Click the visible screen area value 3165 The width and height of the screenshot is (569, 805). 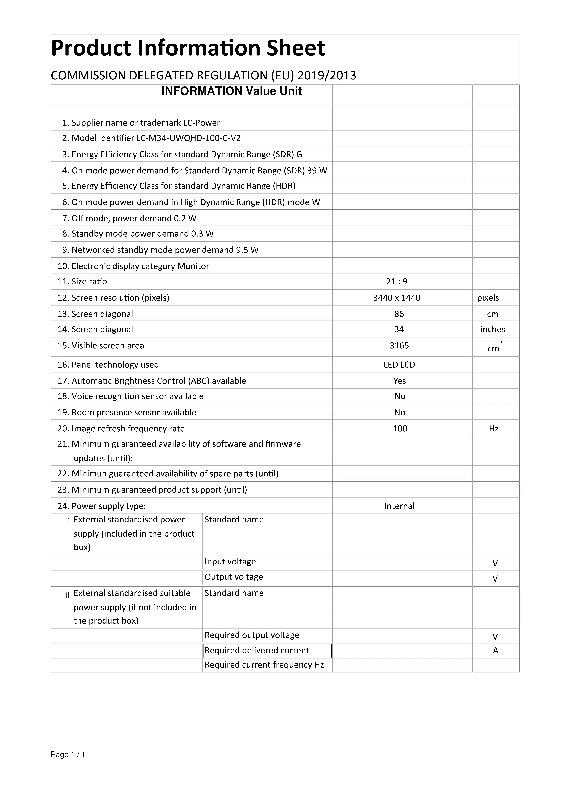399,346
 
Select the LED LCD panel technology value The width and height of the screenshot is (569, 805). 399,365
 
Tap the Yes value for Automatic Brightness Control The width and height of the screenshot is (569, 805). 400,381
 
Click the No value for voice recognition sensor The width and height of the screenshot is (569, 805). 400,396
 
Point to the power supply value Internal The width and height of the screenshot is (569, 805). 399,506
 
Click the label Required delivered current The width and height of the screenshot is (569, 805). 257,650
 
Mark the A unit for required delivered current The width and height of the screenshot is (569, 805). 495,650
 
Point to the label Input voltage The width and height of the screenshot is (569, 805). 230,561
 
